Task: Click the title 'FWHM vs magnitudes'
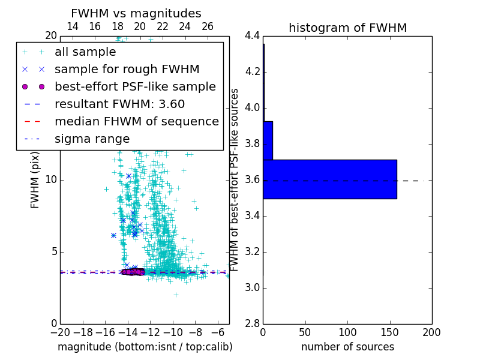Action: [136, 14]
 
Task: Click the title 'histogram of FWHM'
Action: [347, 28]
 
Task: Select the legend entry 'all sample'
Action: [85, 52]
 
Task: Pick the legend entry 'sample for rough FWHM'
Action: [127, 69]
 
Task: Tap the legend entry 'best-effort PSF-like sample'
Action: [135, 86]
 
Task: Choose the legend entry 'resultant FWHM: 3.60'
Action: [119, 104]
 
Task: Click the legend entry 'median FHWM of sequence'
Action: [136, 121]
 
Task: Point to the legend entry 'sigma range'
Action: [92, 139]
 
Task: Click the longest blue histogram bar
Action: [329, 179]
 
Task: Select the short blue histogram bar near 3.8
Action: [268, 140]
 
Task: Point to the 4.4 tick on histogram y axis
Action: [252, 36]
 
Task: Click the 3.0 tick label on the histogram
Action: [252, 288]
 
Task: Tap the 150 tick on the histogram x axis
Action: [389, 332]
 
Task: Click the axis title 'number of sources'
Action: [347, 347]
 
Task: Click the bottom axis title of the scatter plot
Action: [145, 347]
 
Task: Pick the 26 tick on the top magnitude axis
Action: [208, 26]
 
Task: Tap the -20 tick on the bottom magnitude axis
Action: [60, 332]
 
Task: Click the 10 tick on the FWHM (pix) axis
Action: [50, 180]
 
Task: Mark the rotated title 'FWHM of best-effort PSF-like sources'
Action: [235, 179]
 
